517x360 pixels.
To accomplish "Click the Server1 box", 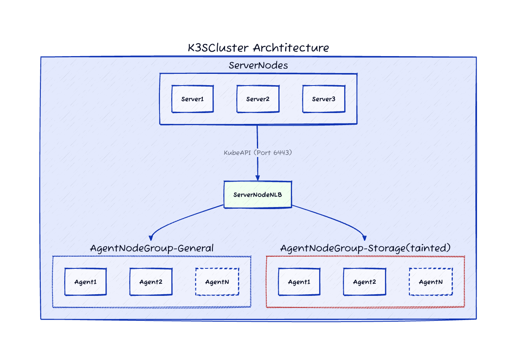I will (192, 99).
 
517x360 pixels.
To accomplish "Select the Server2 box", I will (258, 99).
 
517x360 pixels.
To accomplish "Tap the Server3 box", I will (324, 99).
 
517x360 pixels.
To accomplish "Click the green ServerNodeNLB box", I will (258, 195).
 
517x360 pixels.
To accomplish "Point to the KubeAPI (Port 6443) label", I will (258, 153).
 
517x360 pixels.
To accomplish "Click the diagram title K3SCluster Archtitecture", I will (258, 48).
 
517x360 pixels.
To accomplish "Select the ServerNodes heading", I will (258, 65).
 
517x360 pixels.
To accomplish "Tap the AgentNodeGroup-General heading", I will (151, 248).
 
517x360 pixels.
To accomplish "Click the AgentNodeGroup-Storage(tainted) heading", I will (365, 248).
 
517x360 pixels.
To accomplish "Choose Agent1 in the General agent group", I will (86, 282).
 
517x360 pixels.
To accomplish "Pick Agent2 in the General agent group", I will (151, 282).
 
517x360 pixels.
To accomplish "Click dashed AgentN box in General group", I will (217, 282).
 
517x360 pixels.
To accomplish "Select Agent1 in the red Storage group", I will (299, 282).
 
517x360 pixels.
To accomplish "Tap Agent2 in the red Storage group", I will (364, 282).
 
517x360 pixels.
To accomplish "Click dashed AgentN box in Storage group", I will (431, 282).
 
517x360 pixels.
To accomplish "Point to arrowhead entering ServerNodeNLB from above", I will (257, 178).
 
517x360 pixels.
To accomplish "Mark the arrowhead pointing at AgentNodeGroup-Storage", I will (365, 237).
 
